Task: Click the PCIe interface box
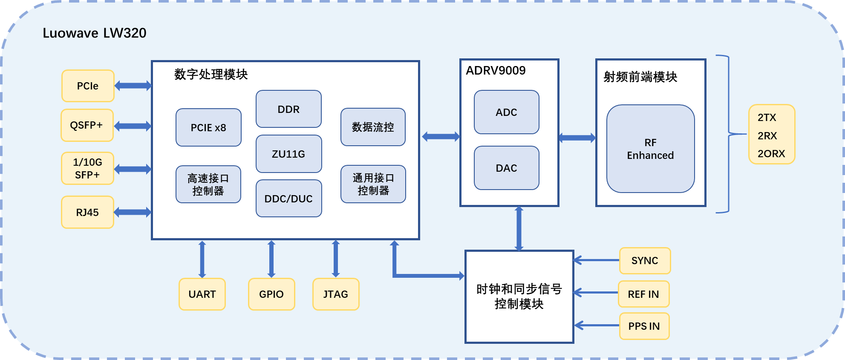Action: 88,86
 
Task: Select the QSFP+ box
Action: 87,125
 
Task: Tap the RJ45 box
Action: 87,212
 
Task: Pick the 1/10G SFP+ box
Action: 87,168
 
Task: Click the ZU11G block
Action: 288,154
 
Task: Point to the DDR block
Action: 288,109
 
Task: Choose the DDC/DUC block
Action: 288,199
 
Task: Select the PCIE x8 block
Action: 208,127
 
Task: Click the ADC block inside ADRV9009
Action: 506,112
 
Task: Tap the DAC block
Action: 506,168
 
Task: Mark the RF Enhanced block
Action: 650,149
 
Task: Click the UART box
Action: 202,294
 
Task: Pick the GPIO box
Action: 271,294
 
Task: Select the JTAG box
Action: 336,294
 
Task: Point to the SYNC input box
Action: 645,260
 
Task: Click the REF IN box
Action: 643,294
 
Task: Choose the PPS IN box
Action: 644,326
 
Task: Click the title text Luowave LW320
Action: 95,33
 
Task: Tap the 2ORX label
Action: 771,153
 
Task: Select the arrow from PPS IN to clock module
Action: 597,325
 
